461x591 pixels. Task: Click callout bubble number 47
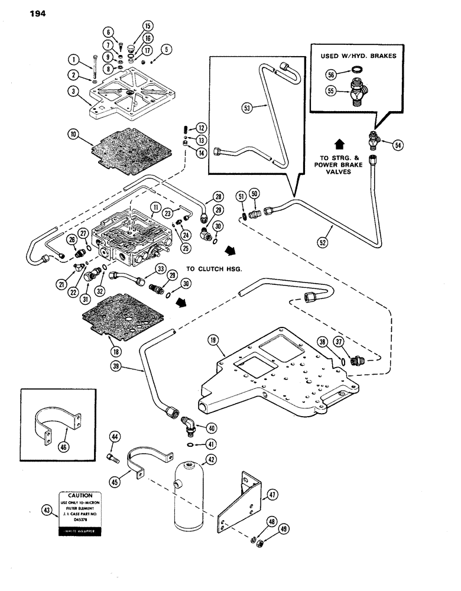272,494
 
